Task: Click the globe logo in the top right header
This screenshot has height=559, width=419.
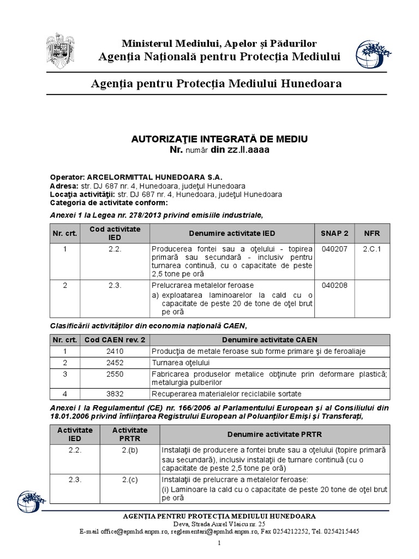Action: (x=372, y=56)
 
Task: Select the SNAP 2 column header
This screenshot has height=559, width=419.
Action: (x=334, y=233)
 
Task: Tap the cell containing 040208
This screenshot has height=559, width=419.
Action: (x=334, y=285)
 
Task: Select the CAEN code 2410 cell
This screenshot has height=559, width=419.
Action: (x=115, y=351)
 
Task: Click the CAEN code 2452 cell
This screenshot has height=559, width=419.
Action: (x=115, y=362)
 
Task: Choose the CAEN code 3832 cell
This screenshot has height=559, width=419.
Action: (x=115, y=394)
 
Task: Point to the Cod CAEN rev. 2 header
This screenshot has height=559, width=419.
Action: (x=115, y=340)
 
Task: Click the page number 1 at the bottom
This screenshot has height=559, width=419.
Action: (x=219, y=543)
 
